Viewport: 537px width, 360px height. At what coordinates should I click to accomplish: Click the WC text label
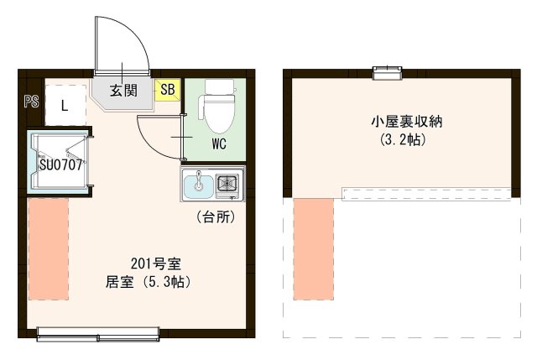coord(218,143)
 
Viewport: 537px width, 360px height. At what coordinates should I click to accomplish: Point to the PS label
coord(31,102)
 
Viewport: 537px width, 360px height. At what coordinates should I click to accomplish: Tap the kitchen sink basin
coord(199,184)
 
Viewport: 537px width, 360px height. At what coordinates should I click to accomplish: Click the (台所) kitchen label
coord(215,217)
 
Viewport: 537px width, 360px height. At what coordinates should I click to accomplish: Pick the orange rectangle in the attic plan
coord(314,249)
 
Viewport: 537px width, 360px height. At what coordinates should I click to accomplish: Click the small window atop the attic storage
coord(387,75)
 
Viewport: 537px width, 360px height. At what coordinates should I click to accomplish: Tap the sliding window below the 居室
coord(99,337)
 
